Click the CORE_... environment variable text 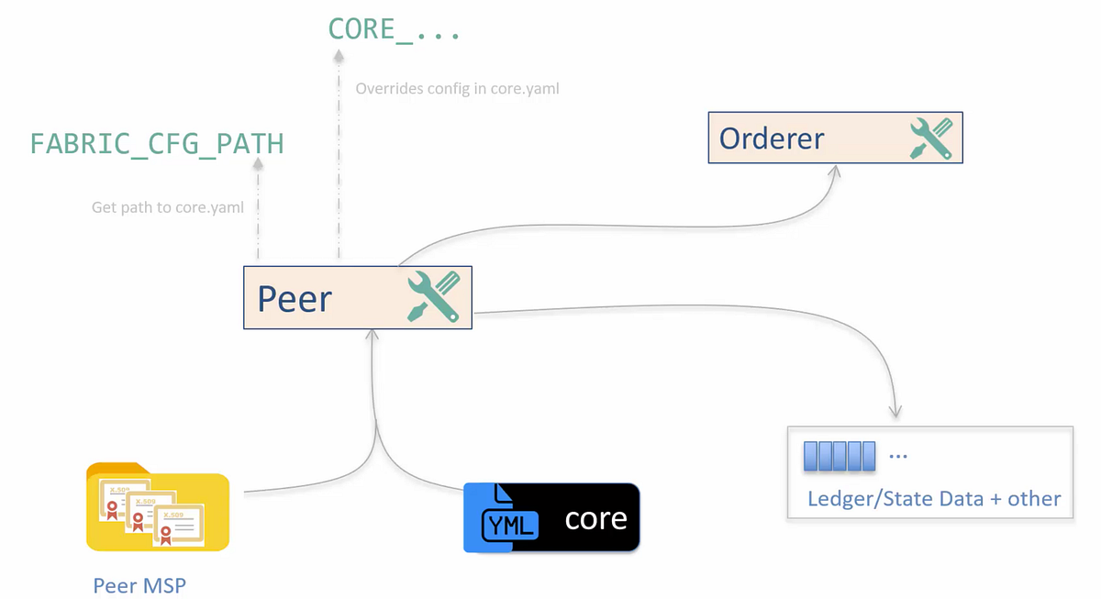[x=394, y=29]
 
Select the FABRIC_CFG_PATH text [x=157, y=144]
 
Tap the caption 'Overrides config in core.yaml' [x=457, y=89]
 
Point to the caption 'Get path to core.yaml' [x=168, y=207]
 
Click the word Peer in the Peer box [x=294, y=299]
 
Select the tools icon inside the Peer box [x=433, y=297]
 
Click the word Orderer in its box [x=772, y=139]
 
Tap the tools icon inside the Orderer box [x=930, y=139]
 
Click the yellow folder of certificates [x=157, y=507]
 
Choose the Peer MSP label [x=139, y=585]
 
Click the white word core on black [x=595, y=519]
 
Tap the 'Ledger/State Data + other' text [x=933, y=499]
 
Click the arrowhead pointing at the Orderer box [x=836, y=172]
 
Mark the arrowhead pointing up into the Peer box [x=373, y=336]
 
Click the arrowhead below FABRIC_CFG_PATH [x=258, y=164]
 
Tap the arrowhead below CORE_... [x=339, y=56]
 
